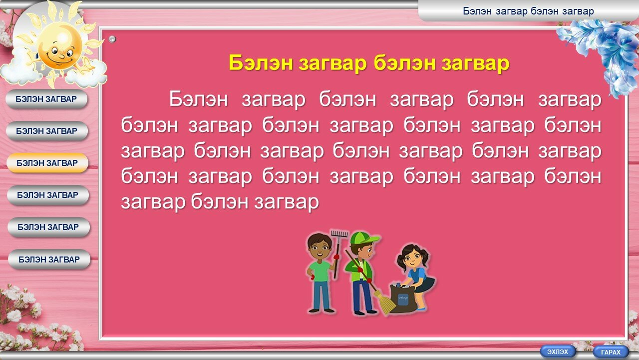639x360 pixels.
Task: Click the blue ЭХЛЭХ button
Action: pos(558,351)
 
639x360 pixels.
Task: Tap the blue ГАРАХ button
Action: pos(611,352)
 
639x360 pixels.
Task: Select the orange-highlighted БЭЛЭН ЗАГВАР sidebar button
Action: pos(47,163)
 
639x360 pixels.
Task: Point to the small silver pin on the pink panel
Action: pos(112,39)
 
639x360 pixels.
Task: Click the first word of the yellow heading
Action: pos(261,63)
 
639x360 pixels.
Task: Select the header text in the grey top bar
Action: pos(528,11)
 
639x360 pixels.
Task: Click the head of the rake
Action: pos(339,233)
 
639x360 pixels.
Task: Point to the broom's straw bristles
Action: pos(387,303)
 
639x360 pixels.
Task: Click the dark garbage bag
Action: pos(402,298)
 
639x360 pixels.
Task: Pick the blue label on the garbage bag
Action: pos(403,298)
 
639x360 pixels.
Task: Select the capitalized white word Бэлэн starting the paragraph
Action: pos(199,99)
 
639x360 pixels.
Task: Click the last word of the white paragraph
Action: pos(287,202)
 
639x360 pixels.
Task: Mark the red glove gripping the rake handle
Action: pos(337,256)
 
